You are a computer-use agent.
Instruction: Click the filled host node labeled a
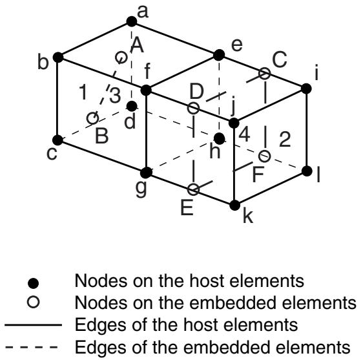pos(132,21)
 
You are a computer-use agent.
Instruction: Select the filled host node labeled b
pos(58,58)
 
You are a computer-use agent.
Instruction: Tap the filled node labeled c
pos(57,140)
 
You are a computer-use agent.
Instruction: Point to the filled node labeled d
pos(132,107)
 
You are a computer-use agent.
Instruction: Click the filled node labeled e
pos(219,55)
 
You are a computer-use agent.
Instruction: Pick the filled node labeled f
pos(146,90)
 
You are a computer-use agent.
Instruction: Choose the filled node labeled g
pos(147,173)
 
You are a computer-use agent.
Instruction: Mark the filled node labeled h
pos(219,138)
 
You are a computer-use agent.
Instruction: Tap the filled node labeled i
pos(307,89)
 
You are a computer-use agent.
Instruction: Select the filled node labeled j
pos(234,123)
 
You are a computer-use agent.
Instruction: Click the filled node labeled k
pos(234,206)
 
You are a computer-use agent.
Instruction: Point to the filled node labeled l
pos(307,171)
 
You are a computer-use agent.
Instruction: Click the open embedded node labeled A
pos(121,57)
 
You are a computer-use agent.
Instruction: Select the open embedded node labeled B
pos(92,118)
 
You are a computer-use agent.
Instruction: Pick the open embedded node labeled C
pos(264,74)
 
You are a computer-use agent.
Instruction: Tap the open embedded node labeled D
pos(193,108)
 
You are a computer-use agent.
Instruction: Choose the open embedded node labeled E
pos(193,189)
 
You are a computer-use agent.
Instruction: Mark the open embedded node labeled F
pos(264,156)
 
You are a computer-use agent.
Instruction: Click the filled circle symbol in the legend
pos(33,283)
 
